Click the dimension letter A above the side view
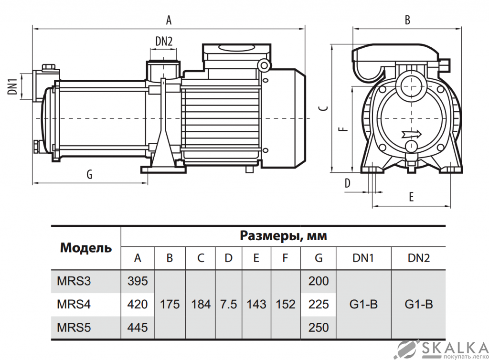[x=168, y=20]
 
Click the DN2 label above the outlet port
[x=164, y=42]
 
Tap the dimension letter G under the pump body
[x=89, y=174]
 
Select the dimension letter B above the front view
[x=407, y=20]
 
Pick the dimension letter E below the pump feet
[x=411, y=197]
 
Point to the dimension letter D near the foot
[x=348, y=183]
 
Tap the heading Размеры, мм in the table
[x=283, y=236]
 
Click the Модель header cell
[x=86, y=248]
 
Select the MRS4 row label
[x=74, y=304]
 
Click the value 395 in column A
[x=138, y=281]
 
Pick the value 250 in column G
[x=319, y=327]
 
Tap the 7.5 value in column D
[x=228, y=304]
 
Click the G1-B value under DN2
[x=418, y=304]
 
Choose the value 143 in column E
[x=256, y=304]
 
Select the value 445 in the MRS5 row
[x=138, y=327]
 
